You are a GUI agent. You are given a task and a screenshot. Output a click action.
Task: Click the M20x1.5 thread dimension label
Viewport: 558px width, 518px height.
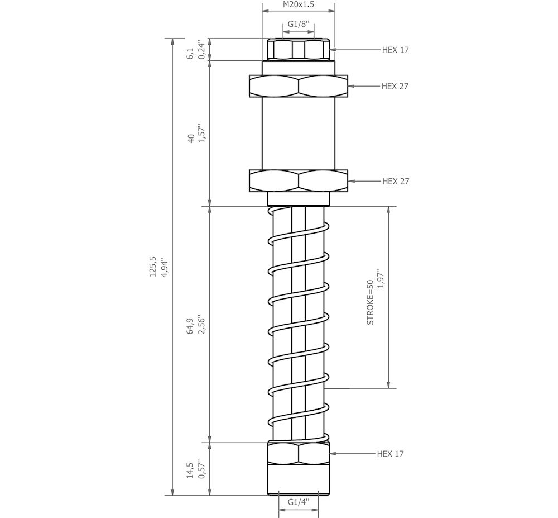coord(299,4)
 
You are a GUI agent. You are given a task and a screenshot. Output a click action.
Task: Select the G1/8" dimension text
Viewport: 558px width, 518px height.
coord(299,25)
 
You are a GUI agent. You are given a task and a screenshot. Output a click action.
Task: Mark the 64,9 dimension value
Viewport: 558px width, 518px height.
coord(190,325)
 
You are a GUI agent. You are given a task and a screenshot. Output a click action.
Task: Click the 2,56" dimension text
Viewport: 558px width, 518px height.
coord(202,325)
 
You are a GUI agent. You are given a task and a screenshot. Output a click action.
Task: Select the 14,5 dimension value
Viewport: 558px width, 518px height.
coord(190,470)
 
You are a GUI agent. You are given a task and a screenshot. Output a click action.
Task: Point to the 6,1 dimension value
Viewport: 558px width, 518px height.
coord(190,54)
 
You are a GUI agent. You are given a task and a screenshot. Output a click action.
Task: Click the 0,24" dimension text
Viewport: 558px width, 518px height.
coord(202,50)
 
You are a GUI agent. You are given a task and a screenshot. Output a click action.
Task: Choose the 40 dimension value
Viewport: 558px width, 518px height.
coord(190,139)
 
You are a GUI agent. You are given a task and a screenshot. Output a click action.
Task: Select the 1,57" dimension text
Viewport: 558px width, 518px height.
coord(202,134)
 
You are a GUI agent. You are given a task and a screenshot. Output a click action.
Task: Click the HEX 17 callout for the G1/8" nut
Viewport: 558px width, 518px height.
coord(395,50)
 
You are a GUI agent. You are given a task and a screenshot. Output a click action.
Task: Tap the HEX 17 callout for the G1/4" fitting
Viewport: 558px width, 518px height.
coord(390,454)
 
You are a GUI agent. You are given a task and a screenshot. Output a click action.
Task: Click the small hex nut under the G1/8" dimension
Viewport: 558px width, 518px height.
coord(299,50)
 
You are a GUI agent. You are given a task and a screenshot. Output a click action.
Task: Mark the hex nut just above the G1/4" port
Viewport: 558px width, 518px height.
coord(299,454)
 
